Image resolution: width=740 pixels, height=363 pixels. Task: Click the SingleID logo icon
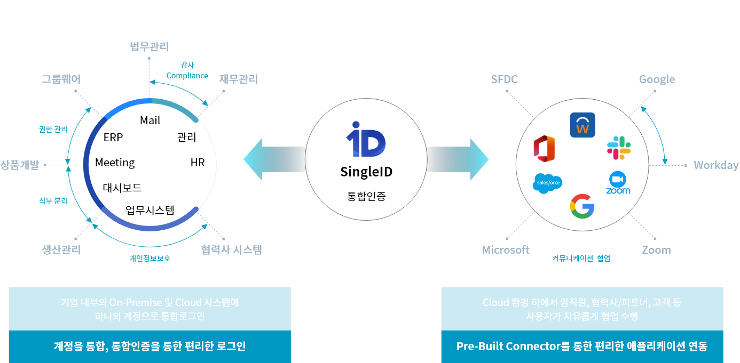coord(366,140)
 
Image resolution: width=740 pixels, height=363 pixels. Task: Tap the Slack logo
coord(619,148)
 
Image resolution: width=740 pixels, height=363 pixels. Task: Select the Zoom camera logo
coord(618,183)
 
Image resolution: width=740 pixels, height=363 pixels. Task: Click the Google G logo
coord(582,207)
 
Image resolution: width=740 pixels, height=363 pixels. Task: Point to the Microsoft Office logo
coord(544,148)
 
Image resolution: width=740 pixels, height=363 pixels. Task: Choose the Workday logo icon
coord(582,125)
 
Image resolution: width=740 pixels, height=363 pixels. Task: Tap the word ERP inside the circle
coord(113,138)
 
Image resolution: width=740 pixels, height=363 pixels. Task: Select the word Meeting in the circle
coord(115,163)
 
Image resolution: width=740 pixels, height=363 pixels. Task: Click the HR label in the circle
coord(198,163)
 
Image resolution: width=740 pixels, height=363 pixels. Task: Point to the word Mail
coord(150,120)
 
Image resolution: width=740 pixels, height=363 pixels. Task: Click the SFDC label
coord(504,79)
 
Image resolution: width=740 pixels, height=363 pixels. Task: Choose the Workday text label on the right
coord(716,165)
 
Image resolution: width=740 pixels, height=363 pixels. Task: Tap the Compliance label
coord(187,76)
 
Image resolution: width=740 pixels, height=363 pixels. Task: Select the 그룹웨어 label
coord(61,79)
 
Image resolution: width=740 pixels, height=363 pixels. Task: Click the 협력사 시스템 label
coord(232,249)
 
